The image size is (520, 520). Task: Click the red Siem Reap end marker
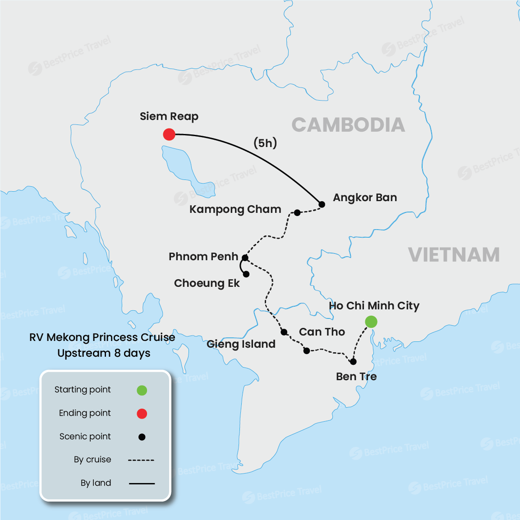[169, 134]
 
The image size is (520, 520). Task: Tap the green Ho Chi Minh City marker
[371, 322]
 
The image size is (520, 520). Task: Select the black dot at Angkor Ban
[322, 204]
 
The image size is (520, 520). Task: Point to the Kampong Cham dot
[297, 212]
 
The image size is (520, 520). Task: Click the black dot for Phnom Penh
[245, 258]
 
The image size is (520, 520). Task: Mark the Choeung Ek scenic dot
[246, 274]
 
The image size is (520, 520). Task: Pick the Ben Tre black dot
[353, 362]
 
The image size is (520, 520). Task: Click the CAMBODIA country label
[348, 125]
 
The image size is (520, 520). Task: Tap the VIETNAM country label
[454, 255]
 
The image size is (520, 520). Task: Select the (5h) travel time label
[265, 143]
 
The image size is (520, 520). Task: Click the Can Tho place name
[322, 332]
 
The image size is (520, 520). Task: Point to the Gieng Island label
[241, 344]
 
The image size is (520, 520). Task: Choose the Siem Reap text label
[169, 116]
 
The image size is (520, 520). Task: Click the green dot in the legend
[142, 390]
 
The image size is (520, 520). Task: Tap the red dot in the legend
[142, 414]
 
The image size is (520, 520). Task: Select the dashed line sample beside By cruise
[141, 460]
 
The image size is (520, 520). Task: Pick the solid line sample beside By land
[142, 483]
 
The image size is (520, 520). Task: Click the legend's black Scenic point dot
[142, 437]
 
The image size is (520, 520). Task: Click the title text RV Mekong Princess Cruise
[102, 337]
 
